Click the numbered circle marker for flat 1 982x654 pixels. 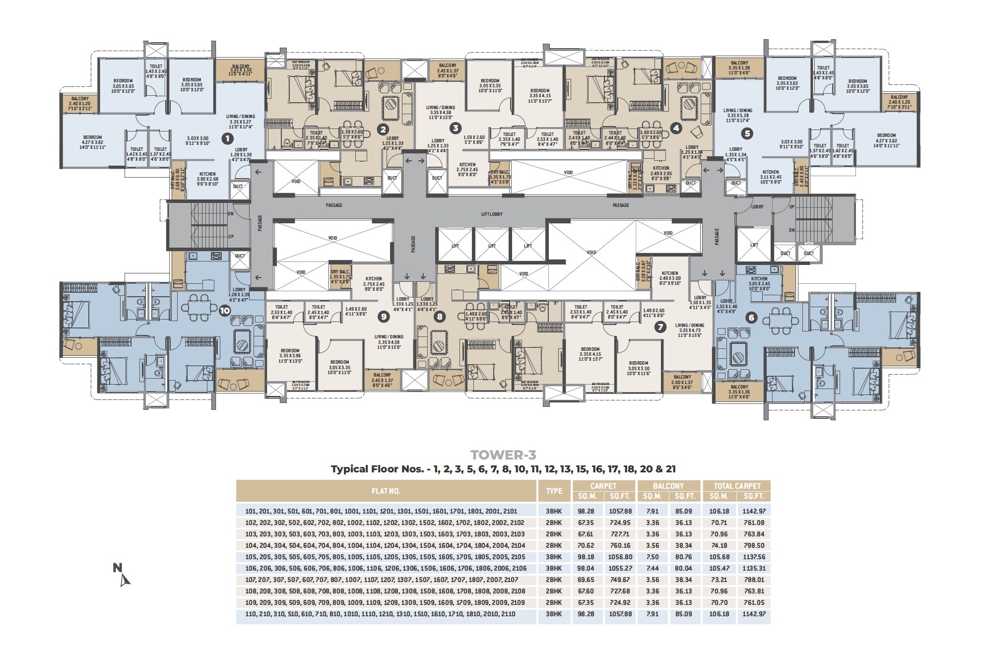pos(227,139)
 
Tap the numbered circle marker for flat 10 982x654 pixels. pos(225,311)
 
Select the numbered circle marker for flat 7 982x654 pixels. pos(660,327)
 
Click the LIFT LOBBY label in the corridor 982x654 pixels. pos(492,214)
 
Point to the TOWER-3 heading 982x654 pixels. pos(503,455)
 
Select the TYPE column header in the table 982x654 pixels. pos(554,491)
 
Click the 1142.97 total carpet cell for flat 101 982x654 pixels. pos(753,511)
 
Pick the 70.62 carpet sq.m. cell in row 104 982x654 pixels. pos(587,545)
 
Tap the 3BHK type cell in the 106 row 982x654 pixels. pos(554,568)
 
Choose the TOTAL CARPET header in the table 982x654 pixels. pos(736,486)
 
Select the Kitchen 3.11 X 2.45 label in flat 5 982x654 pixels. pos(771,177)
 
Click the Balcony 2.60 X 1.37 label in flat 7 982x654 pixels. pos(682,381)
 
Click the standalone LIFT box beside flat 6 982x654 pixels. pos(754,245)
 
